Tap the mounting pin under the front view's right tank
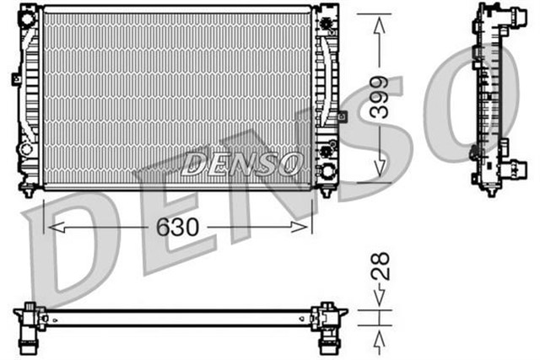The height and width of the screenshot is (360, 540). click(326, 193)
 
